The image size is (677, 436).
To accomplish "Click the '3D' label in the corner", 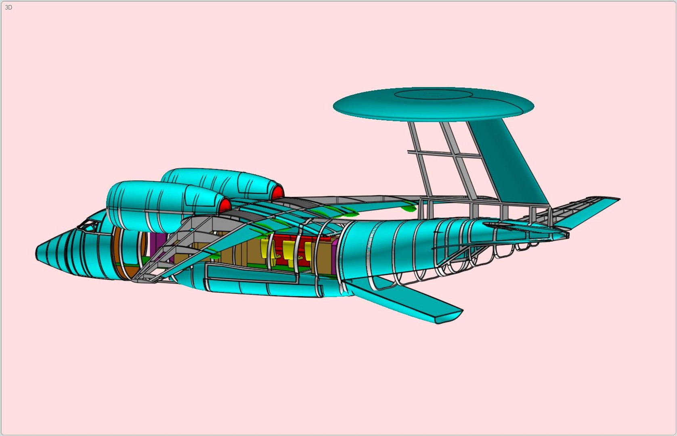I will [x=8, y=7].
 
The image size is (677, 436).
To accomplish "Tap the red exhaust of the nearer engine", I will [x=224, y=205].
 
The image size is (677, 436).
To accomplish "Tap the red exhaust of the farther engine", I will [x=277, y=193].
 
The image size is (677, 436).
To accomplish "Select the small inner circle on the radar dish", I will [x=433, y=94].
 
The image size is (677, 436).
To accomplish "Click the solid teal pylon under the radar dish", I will [x=511, y=161].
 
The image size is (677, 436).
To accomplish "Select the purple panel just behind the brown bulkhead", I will [x=155, y=244].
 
